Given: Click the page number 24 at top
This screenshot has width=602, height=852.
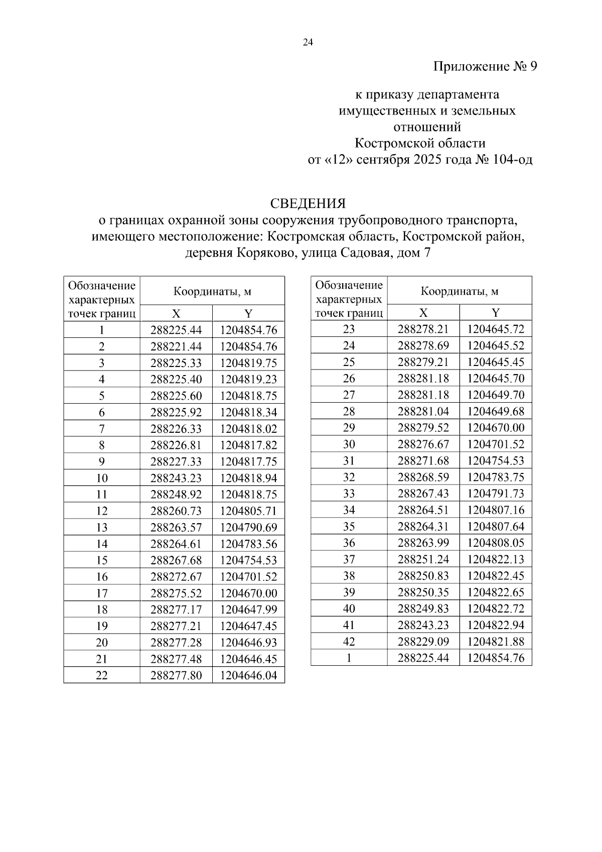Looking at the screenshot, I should [308, 43].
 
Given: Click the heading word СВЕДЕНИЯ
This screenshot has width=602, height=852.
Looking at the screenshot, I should [308, 203].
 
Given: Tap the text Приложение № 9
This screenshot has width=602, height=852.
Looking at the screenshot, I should [485, 66].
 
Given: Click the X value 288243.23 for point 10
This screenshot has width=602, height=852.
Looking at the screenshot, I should [176, 478].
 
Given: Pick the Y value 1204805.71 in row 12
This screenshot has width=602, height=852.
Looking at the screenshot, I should [248, 511].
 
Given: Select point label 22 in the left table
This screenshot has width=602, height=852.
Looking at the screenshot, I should [102, 676].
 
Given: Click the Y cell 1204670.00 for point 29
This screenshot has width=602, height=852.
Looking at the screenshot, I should [496, 428].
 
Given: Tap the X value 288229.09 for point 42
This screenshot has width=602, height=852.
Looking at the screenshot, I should [423, 642].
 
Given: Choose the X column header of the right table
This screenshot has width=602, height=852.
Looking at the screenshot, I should [423, 313].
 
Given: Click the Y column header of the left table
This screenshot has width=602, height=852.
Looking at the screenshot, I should [248, 314].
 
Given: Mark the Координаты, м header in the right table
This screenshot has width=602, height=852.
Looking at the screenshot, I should [459, 291].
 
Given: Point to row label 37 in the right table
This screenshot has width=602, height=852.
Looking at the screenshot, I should [349, 559].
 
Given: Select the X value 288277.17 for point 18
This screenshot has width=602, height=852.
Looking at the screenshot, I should [176, 610].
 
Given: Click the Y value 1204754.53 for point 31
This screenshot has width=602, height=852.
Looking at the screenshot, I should [496, 461].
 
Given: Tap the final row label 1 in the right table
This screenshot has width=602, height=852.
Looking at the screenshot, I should [349, 658].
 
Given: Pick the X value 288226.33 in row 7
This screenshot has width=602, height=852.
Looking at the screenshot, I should [176, 429].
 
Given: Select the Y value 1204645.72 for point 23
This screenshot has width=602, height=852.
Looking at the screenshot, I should [496, 329].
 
